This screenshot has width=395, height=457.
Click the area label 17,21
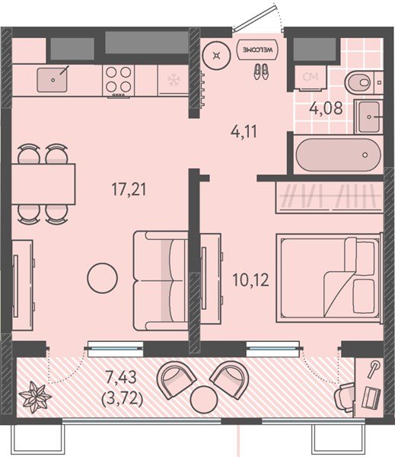(x=129, y=189)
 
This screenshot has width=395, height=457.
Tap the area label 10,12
(x=250, y=280)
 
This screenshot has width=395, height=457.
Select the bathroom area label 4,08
(x=326, y=108)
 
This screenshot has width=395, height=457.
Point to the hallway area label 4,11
(x=244, y=132)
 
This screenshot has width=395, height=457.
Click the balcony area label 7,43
(x=121, y=378)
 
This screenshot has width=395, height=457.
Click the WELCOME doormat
(x=257, y=50)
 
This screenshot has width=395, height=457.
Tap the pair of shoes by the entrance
(x=261, y=72)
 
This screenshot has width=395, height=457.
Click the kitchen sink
(x=53, y=79)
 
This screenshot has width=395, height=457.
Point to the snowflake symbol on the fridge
(x=174, y=80)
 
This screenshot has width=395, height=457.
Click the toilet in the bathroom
(x=360, y=82)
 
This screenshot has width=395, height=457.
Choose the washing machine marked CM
(x=311, y=78)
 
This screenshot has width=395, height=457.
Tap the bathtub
(x=338, y=155)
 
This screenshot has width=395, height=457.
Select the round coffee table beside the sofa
(x=102, y=278)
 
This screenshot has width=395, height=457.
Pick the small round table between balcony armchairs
(x=204, y=398)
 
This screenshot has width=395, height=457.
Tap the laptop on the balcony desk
(x=371, y=397)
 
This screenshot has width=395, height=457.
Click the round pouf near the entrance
(x=216, y=55)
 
